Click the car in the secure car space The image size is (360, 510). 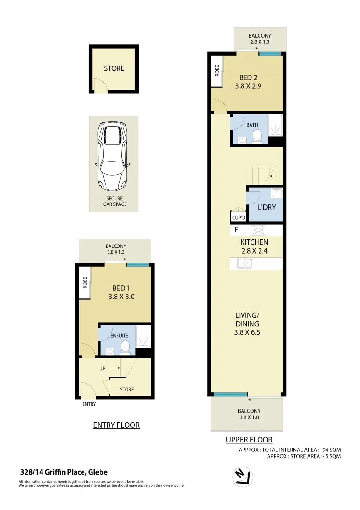(x=113, y=156)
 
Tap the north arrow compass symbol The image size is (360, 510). (x=243, y=477)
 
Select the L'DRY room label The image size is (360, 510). (x=266, y=207)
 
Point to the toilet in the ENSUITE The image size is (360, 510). (x=126, y=348)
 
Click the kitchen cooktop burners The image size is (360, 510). (x=259, y=230)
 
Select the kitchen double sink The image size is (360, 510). (x=244, y=263)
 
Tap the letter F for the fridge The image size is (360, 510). (x=236, y=230)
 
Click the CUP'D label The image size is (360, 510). (x=238, y=218)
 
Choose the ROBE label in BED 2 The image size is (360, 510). (x=217, y=70)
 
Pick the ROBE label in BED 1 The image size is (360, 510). (x=85, y=282)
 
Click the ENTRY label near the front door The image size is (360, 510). (x=89, y=404)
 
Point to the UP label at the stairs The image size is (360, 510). (x=102, y=368)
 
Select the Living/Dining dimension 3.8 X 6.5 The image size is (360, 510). (x=248, y=332)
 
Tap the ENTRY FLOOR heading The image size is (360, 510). (x=116, y=425)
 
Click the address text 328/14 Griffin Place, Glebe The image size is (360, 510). (x=64, y=472)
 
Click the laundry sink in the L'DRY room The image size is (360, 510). (x=276, y=193)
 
